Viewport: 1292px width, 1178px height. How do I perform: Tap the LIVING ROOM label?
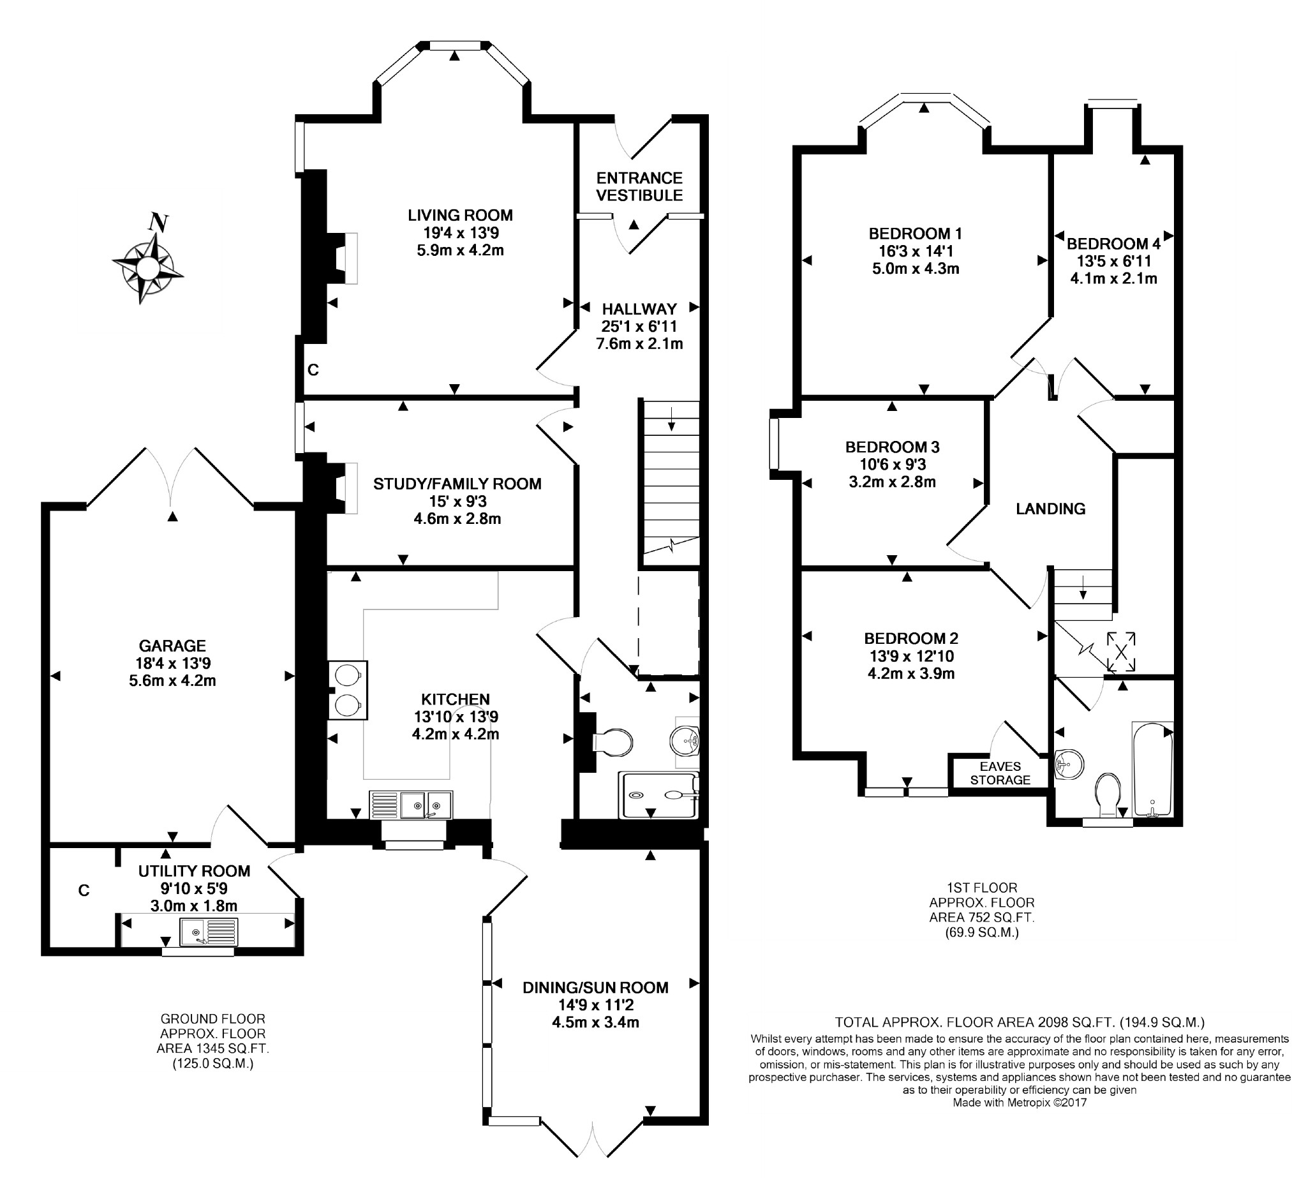[x=460, y=215]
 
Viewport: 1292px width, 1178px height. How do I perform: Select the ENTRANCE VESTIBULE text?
[x=639, y=186]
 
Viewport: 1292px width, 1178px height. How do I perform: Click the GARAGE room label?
[x=172, y=645]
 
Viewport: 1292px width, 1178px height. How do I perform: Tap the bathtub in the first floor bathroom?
[x=1153, y=769]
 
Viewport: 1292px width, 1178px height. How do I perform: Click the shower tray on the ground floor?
[x=658, y=794]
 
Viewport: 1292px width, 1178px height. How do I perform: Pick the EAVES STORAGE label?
[x=1000, y=773]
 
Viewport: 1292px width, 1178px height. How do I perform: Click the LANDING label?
[x=1050, y=509]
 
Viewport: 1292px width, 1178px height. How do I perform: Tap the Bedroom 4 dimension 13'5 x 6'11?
[x=1114, y=261]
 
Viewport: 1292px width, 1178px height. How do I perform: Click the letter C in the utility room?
[x=84, y=890]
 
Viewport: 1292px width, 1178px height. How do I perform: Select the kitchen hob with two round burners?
[x=348, y=690]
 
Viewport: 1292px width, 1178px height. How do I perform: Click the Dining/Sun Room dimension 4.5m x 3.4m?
[x=595, y=1022]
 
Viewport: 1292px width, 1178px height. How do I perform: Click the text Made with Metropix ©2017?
[x=1020, y=1102]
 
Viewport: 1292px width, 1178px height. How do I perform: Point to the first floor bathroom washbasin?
[x=1068, y=764]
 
